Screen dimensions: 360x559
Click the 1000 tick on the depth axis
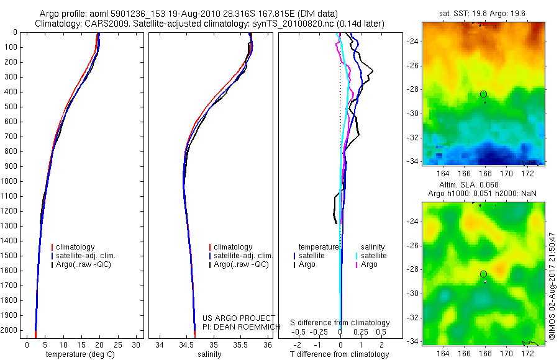pos(11,181)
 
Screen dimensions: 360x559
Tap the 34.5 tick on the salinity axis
pos(186,344)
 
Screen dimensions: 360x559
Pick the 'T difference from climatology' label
pos(340,354)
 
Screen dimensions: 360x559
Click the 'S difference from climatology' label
pos(340,323)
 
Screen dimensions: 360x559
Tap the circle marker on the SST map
pos(483,94)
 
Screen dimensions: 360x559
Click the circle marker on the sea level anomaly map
pos(483,274)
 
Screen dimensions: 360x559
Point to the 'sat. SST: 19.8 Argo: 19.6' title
pos(483,13)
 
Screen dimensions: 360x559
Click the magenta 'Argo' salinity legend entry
pos(369,264)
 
